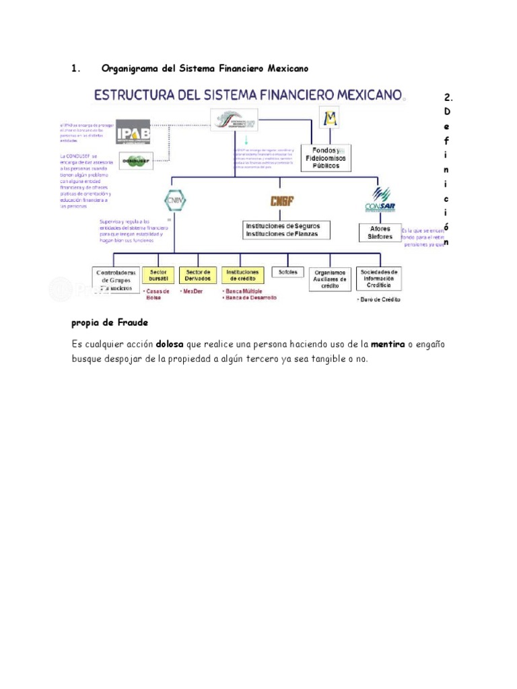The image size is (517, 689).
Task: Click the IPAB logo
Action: click(x=133, y=131)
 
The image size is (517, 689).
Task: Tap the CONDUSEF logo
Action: click(x=135, y=161)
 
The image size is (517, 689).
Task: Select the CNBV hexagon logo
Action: click(x=174, y=201)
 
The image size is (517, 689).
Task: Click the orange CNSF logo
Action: click(x=281, y=201)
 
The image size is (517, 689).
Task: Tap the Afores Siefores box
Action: click(x=380, y=232)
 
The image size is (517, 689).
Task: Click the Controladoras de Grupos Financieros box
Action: click(x=116, y=280)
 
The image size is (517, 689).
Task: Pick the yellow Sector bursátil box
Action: click(x=158, y=276)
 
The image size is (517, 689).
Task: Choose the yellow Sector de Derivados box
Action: click(x=198, y=276)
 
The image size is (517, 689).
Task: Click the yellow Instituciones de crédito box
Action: click(x=242, y=276)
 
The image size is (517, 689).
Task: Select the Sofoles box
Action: click(x=287, y=272)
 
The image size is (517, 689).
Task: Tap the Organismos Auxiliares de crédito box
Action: click(x=330, y=279)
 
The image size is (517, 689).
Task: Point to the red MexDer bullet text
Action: click(x=193, y=291)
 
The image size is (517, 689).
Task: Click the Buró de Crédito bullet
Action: click(x=379, y=299)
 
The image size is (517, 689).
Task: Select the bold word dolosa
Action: click(x=170, y=344)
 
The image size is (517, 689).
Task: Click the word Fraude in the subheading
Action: click(x=132, y=323)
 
